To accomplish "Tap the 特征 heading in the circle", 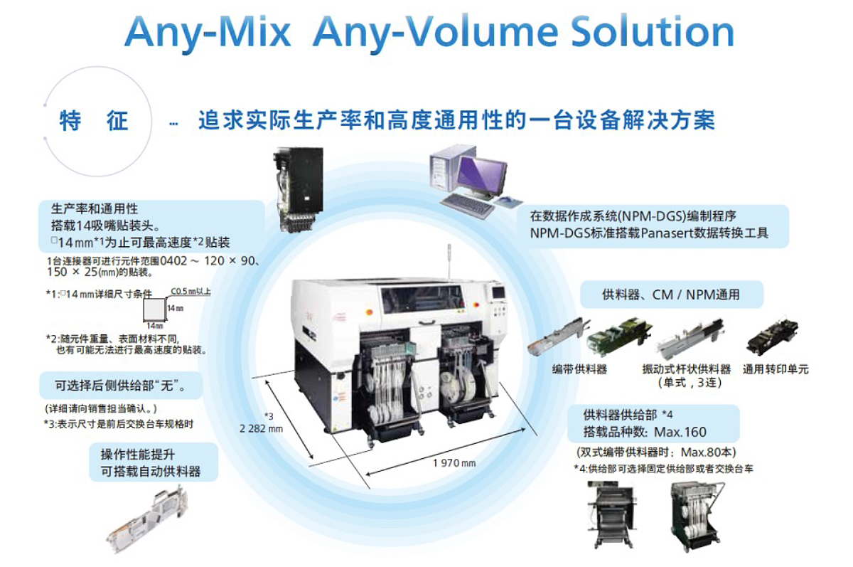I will [95, 121].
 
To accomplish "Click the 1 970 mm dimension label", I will [454, 463].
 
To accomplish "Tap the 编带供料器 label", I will [579, 369].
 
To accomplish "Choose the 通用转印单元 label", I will [776, 369].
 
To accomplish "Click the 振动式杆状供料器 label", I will [686, 369].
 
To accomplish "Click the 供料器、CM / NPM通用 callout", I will [671, 294].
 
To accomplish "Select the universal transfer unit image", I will [772, 340].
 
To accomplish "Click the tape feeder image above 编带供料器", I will [557, 340].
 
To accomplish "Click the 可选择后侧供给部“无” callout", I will [120, 386].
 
